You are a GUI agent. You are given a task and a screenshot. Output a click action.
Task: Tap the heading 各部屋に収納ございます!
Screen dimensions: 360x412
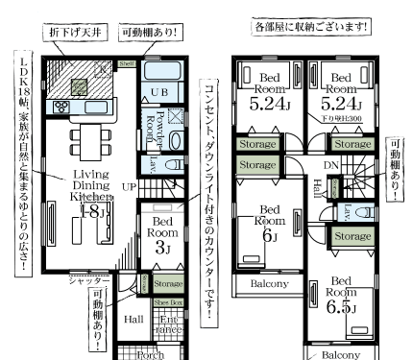(311, 25)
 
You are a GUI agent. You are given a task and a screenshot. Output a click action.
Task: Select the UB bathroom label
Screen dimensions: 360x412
(162, 90)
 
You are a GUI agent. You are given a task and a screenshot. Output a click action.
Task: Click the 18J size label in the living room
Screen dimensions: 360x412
(93, 212)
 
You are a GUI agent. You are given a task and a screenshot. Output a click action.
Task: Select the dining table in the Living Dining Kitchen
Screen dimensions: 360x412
(87, 146)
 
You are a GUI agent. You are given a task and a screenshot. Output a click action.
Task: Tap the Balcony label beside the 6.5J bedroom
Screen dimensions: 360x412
(341, 354)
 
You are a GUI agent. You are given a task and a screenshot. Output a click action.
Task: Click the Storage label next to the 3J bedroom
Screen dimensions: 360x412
(169, 284)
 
